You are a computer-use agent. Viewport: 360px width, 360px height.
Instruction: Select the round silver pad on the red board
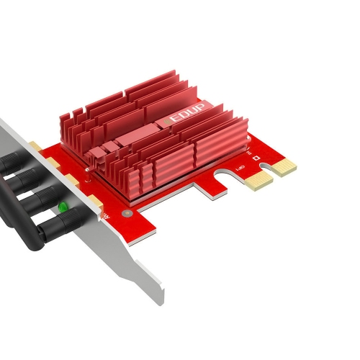128,213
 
